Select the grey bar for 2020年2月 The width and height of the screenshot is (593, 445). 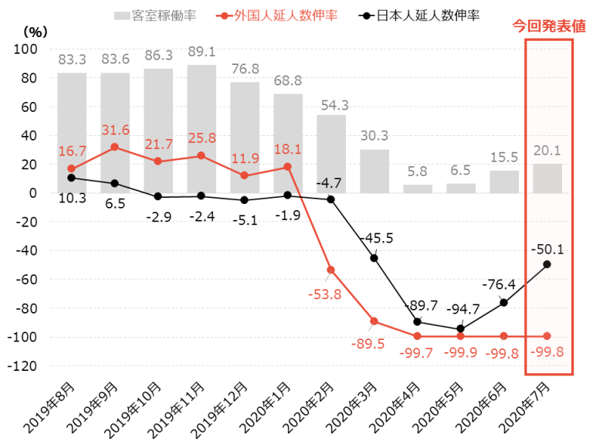(331, 154)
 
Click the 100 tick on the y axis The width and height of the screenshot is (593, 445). (26, 49)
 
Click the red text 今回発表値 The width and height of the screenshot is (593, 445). (549, 26)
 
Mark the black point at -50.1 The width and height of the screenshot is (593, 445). (547, 264)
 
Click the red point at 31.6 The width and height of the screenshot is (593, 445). (115, 147)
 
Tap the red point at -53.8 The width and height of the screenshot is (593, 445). (331, 270)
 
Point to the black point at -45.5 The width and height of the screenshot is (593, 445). (374, 258)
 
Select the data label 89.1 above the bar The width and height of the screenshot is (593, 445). (202, 56)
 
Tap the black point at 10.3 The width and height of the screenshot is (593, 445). (72, 178)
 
